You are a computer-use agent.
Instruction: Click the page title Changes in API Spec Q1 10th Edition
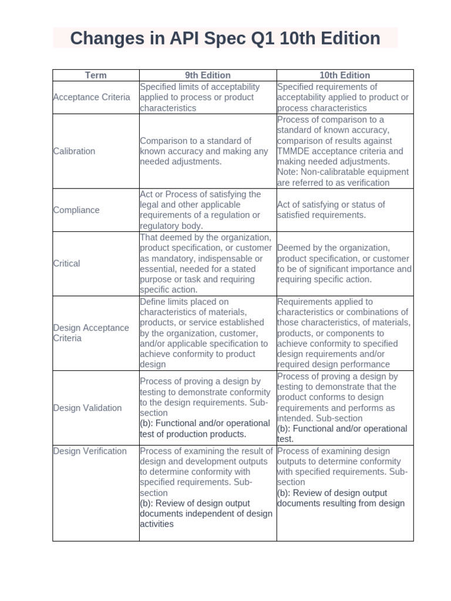225,39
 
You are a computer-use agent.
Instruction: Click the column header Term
96,75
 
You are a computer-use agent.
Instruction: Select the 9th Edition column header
208,75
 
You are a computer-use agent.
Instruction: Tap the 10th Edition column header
345,75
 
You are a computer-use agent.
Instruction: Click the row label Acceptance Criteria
92,97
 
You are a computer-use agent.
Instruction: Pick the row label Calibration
74,151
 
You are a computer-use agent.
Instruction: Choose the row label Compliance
76,210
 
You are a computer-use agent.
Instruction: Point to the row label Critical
66,264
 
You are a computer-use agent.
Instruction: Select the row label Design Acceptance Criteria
91,333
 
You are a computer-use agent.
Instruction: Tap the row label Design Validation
87,408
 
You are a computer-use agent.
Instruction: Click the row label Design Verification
90,451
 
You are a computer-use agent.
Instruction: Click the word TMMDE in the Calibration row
292,151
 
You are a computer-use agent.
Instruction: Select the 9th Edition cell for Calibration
204,151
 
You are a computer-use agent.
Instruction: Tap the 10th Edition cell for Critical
344,264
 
